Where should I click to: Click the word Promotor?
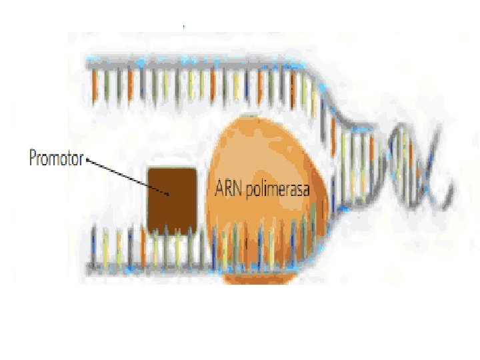coord(55,159)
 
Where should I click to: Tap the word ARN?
coord(229,189)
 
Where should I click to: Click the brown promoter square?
coord(172,200)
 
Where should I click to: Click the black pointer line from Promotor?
coord(127,175)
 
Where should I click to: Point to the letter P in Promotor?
coord(33,159)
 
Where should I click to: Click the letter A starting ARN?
coord(219,189)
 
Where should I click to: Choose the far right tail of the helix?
coord(450,190)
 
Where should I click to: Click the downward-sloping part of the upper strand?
coord(333,100)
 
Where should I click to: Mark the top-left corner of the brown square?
coord(149,169)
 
